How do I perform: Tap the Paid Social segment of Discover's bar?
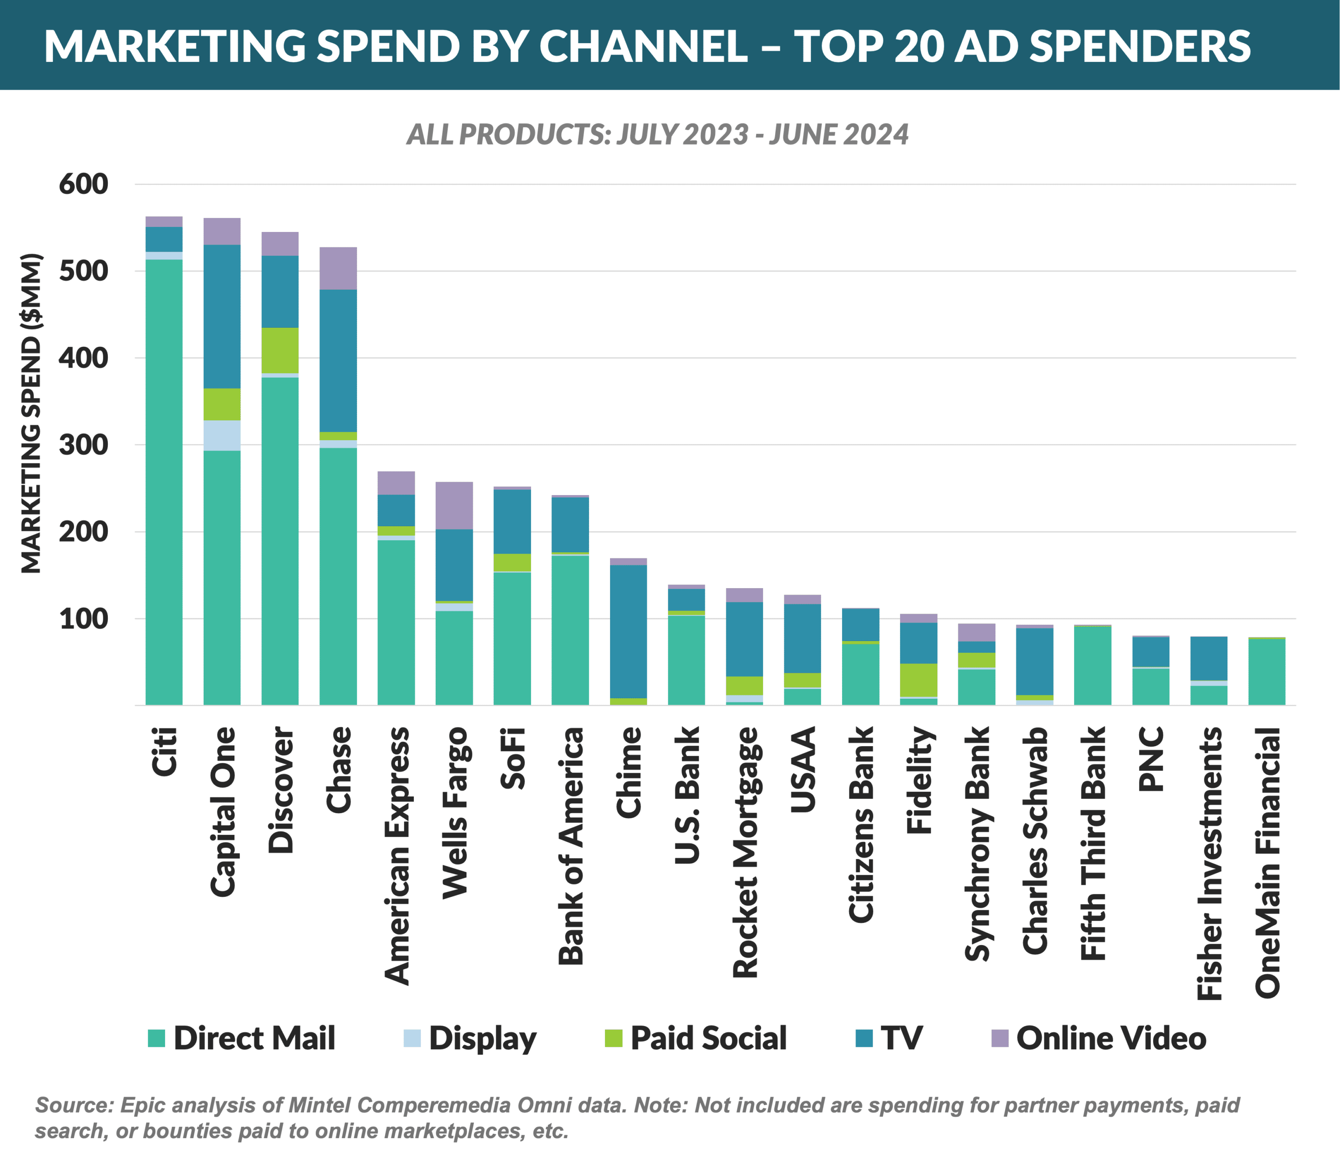280,350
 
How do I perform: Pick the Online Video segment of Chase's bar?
338,268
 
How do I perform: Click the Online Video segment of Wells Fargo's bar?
454,505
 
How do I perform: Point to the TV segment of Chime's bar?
629,631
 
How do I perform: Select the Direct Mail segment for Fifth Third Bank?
1092,665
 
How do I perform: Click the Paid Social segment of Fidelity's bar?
918,680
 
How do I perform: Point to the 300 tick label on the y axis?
83,445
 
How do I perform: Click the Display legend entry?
482,1038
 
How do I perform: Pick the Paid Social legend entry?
708,1038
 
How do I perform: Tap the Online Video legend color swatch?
1000,1038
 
